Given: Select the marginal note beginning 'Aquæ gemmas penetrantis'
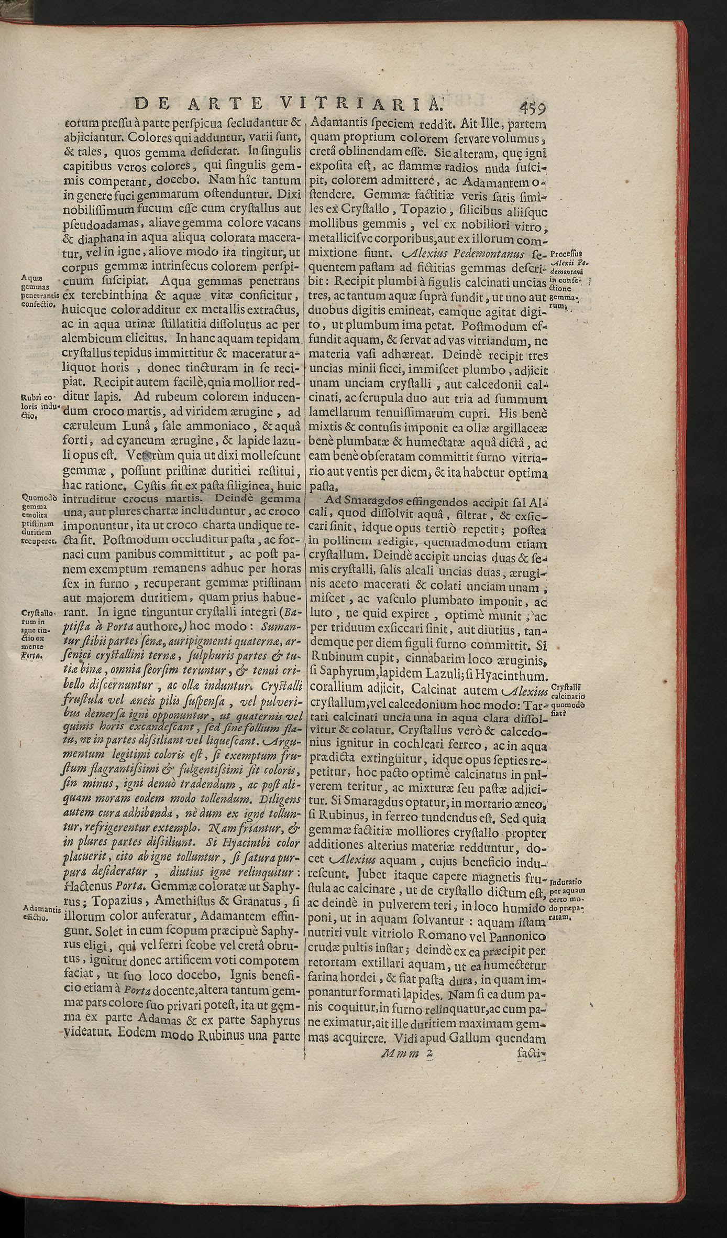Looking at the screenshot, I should click(x=39, y=290).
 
